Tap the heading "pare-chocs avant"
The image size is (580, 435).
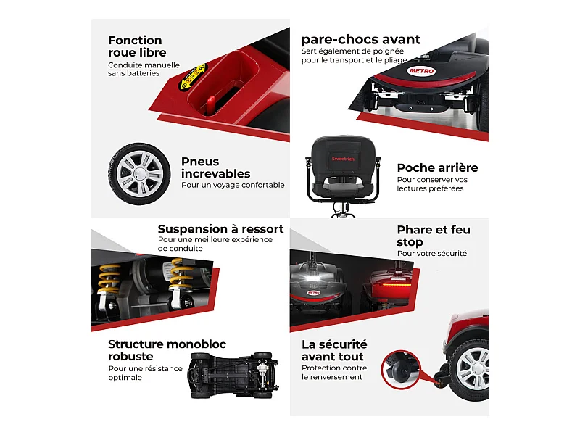click(x=360, y=40)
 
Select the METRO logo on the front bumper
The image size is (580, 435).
click(x=421, y=71)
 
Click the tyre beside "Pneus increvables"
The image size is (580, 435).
click(x=140, y=174)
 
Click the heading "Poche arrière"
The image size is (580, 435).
click(x=437, y=168)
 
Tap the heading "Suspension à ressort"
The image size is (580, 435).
click(x=220, y=229)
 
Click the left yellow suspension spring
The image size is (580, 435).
click(x=109, y=279)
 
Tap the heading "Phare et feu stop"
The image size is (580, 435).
click(x=434, y=236)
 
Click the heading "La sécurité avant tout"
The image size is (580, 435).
click(x=334, y=350)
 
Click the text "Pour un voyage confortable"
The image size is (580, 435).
click(x=233, y=185)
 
